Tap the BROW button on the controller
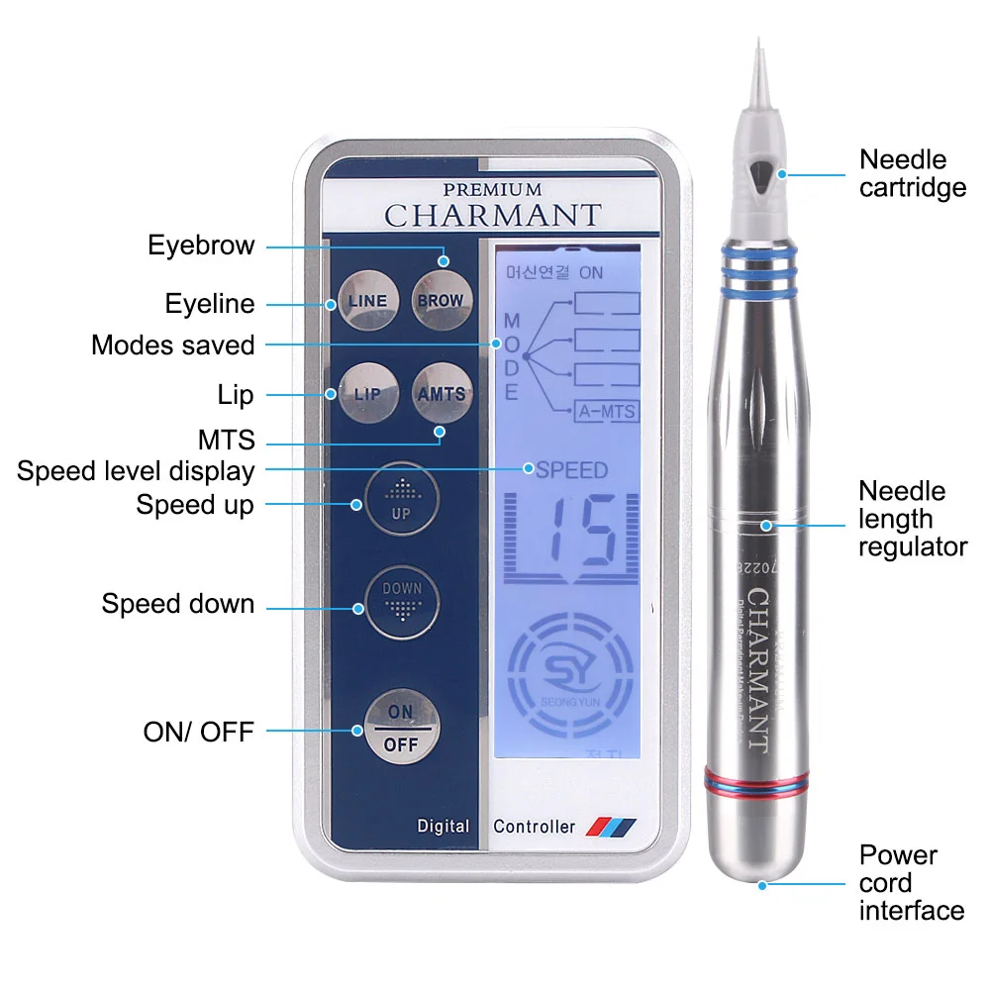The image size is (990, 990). click(x=439, y=300)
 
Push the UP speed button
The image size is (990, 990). click(x=400, y=498)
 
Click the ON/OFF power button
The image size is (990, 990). click(x=400, y=729)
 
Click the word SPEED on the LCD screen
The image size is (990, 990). click(x=571, y=470)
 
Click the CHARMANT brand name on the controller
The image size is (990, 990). click(x=492, y=215)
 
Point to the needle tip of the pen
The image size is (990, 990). click(x=758, y=49)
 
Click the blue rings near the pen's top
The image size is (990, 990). click(x=758, y=259)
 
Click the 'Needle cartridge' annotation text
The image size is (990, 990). click(x=912, y=173)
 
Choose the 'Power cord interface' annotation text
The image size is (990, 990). click(x=911, y=882)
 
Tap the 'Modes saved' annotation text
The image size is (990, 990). click(x=172, y=346)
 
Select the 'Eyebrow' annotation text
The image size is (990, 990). click(x=201, y=246)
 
